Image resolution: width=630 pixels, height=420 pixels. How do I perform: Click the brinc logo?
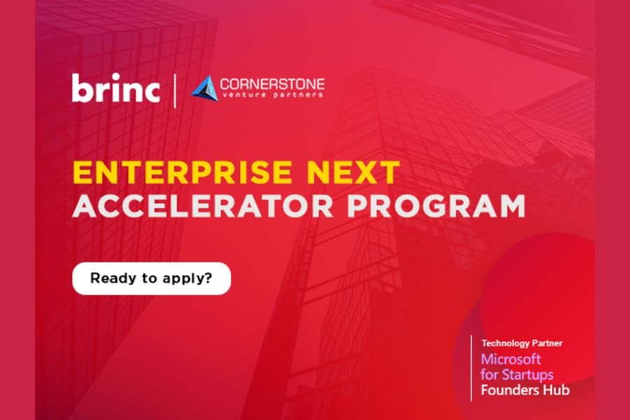(x=115, y=87)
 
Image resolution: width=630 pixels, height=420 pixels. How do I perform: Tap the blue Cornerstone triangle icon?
(x=204, y=88)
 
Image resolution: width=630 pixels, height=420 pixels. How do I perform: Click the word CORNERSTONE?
(x=272, y=84)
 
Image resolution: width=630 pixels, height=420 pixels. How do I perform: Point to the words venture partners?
(x=272, y=95)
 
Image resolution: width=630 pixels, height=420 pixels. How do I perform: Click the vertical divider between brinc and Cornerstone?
(x=175, y=91)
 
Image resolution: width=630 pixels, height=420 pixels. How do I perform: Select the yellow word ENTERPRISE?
(x=182, y=172)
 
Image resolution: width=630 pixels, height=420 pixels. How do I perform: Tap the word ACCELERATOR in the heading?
(x=203, y=206)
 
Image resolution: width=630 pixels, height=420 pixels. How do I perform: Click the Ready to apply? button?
(x=151, y=279)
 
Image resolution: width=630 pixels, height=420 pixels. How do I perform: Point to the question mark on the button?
(x=208, y=277)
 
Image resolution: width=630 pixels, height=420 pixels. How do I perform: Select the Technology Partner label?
(x=522, y=343)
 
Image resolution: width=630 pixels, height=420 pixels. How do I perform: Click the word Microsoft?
(x=511, y=359)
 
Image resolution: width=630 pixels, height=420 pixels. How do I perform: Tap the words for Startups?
(x=517, y=374)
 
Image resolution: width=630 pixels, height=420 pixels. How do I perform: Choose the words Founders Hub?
(x=525, y=390)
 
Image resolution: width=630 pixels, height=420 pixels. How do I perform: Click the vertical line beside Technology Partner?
(x=471, y=368)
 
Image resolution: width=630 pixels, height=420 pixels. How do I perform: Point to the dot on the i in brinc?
(x=116, y=76)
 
